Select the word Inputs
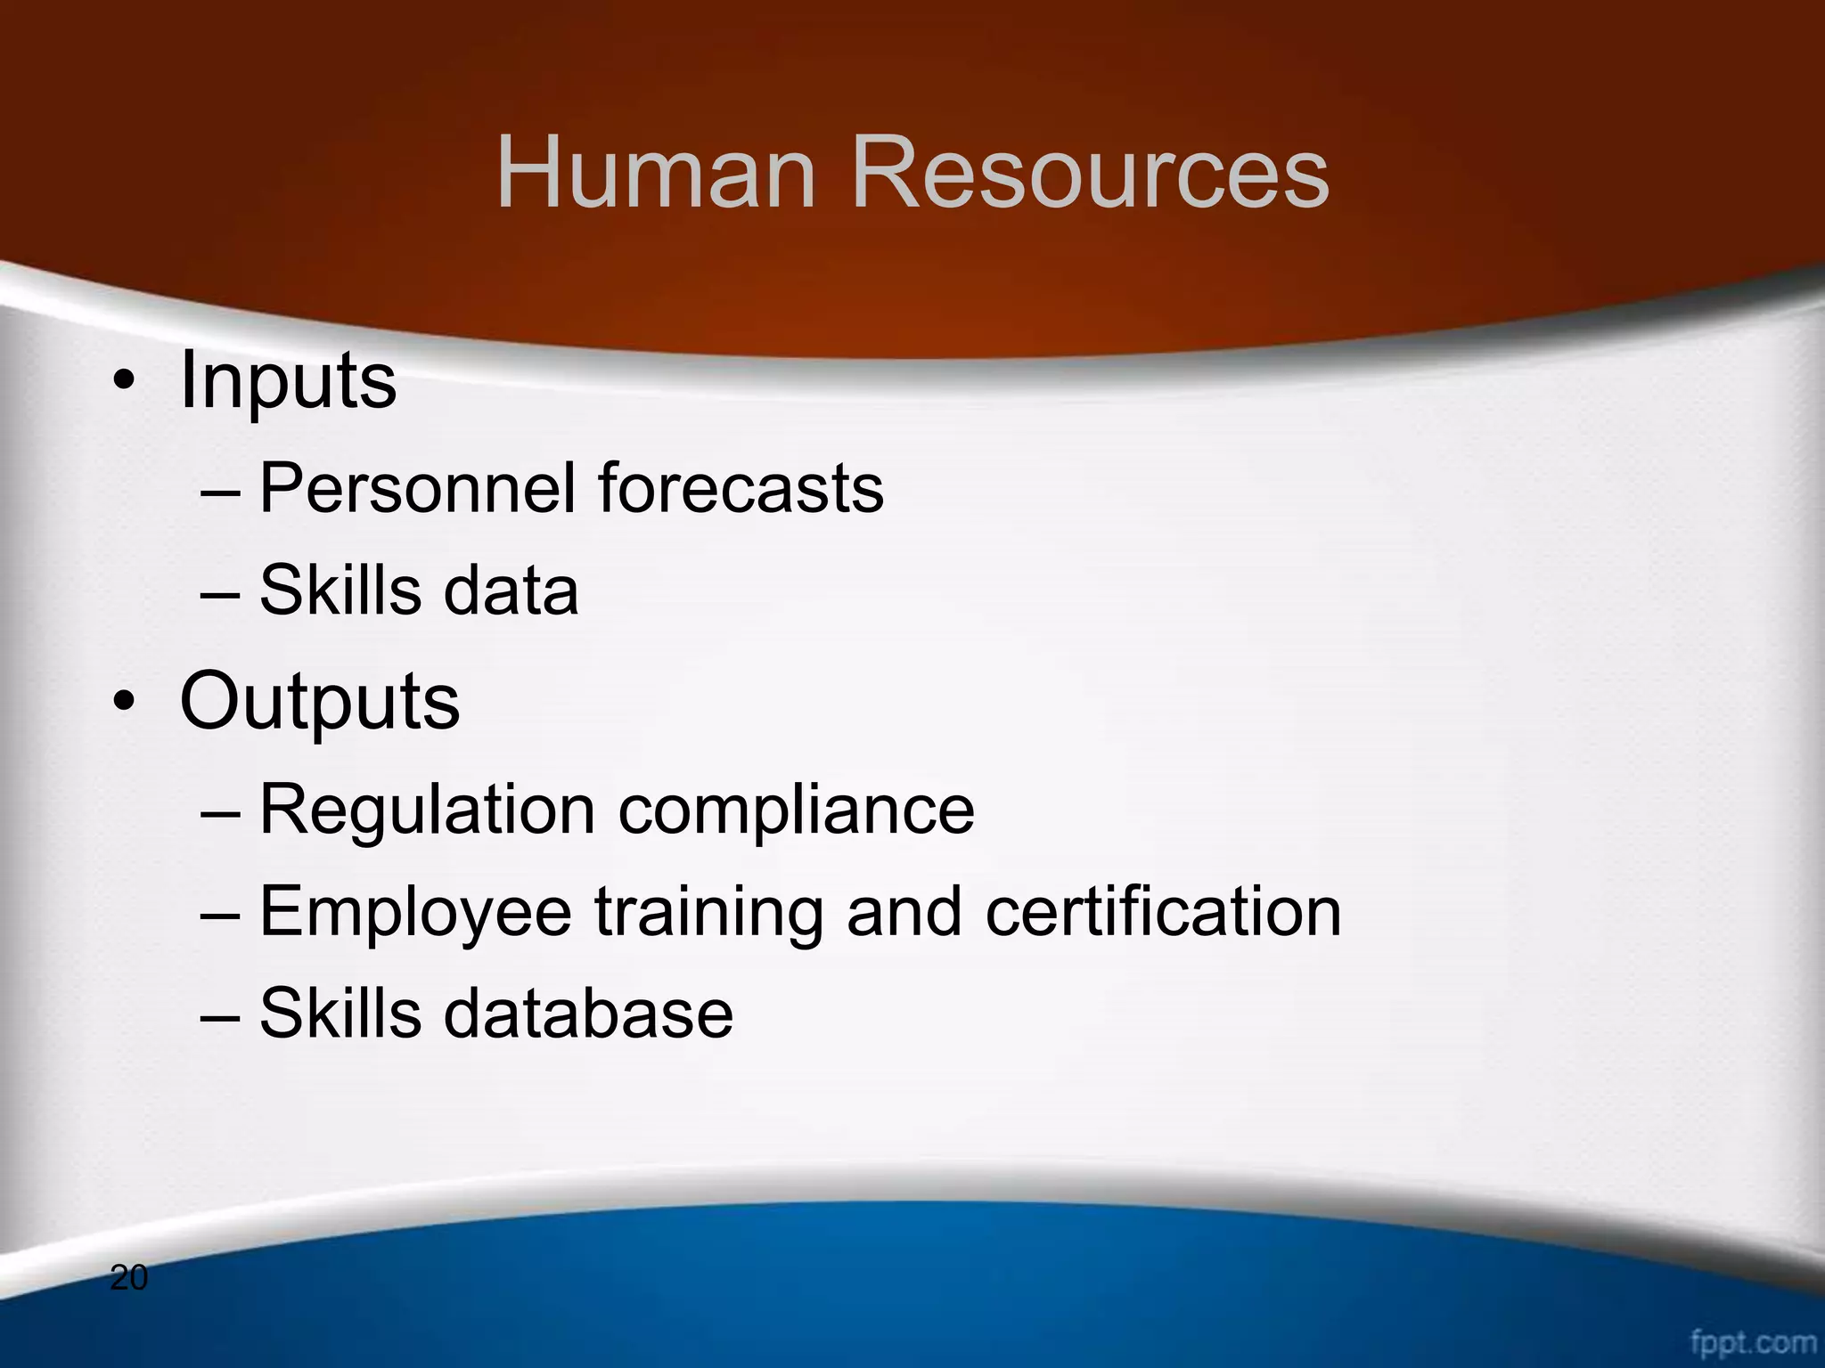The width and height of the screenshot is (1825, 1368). [288, 381]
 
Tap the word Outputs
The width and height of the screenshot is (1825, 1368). [319, 702]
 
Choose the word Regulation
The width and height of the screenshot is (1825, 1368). [427, 810]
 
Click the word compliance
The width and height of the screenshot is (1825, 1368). [796, 811]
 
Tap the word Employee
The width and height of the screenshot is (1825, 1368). [415, 913]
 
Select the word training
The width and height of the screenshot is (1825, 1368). [709, 913]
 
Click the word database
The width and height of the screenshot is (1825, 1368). [588, 1014]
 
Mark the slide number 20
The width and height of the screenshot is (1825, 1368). [128, 1278]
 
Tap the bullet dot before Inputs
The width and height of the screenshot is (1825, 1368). [124, 384]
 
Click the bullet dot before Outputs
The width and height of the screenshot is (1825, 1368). [124, 704]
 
